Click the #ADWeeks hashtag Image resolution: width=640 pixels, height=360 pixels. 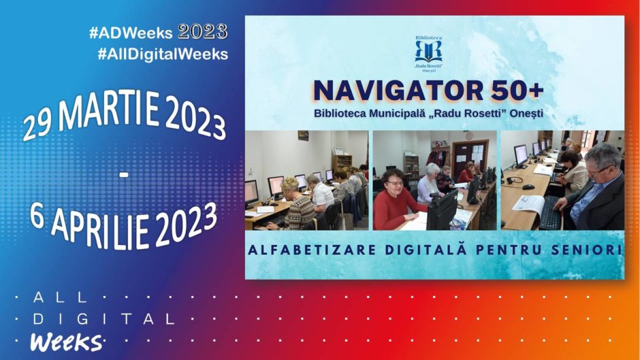point(131,33)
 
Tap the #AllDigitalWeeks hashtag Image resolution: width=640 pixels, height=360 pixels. point(163,54)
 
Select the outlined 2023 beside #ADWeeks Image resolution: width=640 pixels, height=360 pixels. point(202,32)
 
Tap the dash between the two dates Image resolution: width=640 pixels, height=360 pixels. point(124,175)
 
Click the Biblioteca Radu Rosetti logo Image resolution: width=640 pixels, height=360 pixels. point(428,54)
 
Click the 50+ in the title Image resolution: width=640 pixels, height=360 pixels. point(517,91)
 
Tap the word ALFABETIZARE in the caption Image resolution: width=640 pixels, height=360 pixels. point(312,250)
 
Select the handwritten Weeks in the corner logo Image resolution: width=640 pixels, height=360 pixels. point(66,342)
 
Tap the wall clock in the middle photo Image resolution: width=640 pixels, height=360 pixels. point(470,135)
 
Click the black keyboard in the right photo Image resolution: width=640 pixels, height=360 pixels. point(551,212)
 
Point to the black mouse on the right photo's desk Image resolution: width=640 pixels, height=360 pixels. point(528,186)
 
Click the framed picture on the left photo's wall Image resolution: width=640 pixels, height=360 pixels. point(303,135)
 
